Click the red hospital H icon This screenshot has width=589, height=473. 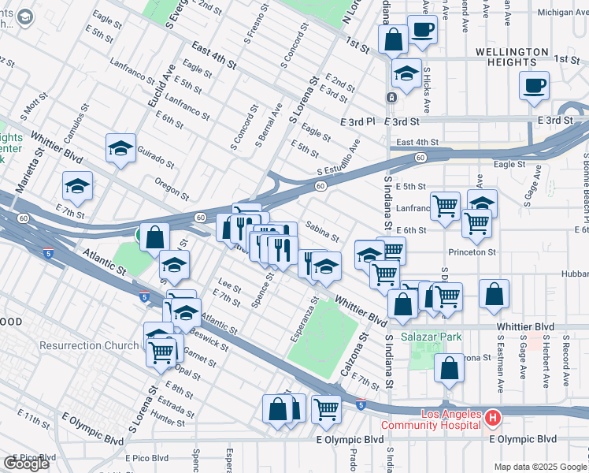492,417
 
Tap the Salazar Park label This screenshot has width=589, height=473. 431,337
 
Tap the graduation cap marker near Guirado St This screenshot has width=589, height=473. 121,147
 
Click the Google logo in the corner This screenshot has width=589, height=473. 26,464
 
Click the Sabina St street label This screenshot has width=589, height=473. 323,232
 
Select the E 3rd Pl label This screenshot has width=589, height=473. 358,122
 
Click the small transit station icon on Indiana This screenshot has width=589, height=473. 391,97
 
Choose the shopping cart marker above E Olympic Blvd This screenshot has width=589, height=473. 325,408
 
